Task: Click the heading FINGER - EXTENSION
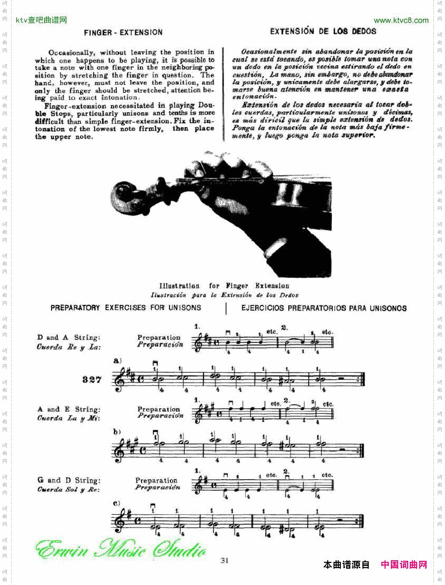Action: pyautogui.click(x=123, y=33)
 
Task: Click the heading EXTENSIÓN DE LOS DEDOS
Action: pyautogui.click(x=323, y=32)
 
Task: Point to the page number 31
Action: pyautogui.click(x=225, y=560)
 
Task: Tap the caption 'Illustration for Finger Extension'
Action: pyautogui.click(x=224, y=286)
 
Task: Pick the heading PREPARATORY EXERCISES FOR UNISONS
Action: pyautogui.click(x=126, y=308)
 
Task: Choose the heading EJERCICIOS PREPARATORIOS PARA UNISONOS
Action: pyautogui.click(x=323, y=308)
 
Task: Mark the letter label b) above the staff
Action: pyautogui.click(x=117, y=432)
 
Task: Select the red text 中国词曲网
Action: pyautogui.click(x=403, y=565)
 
